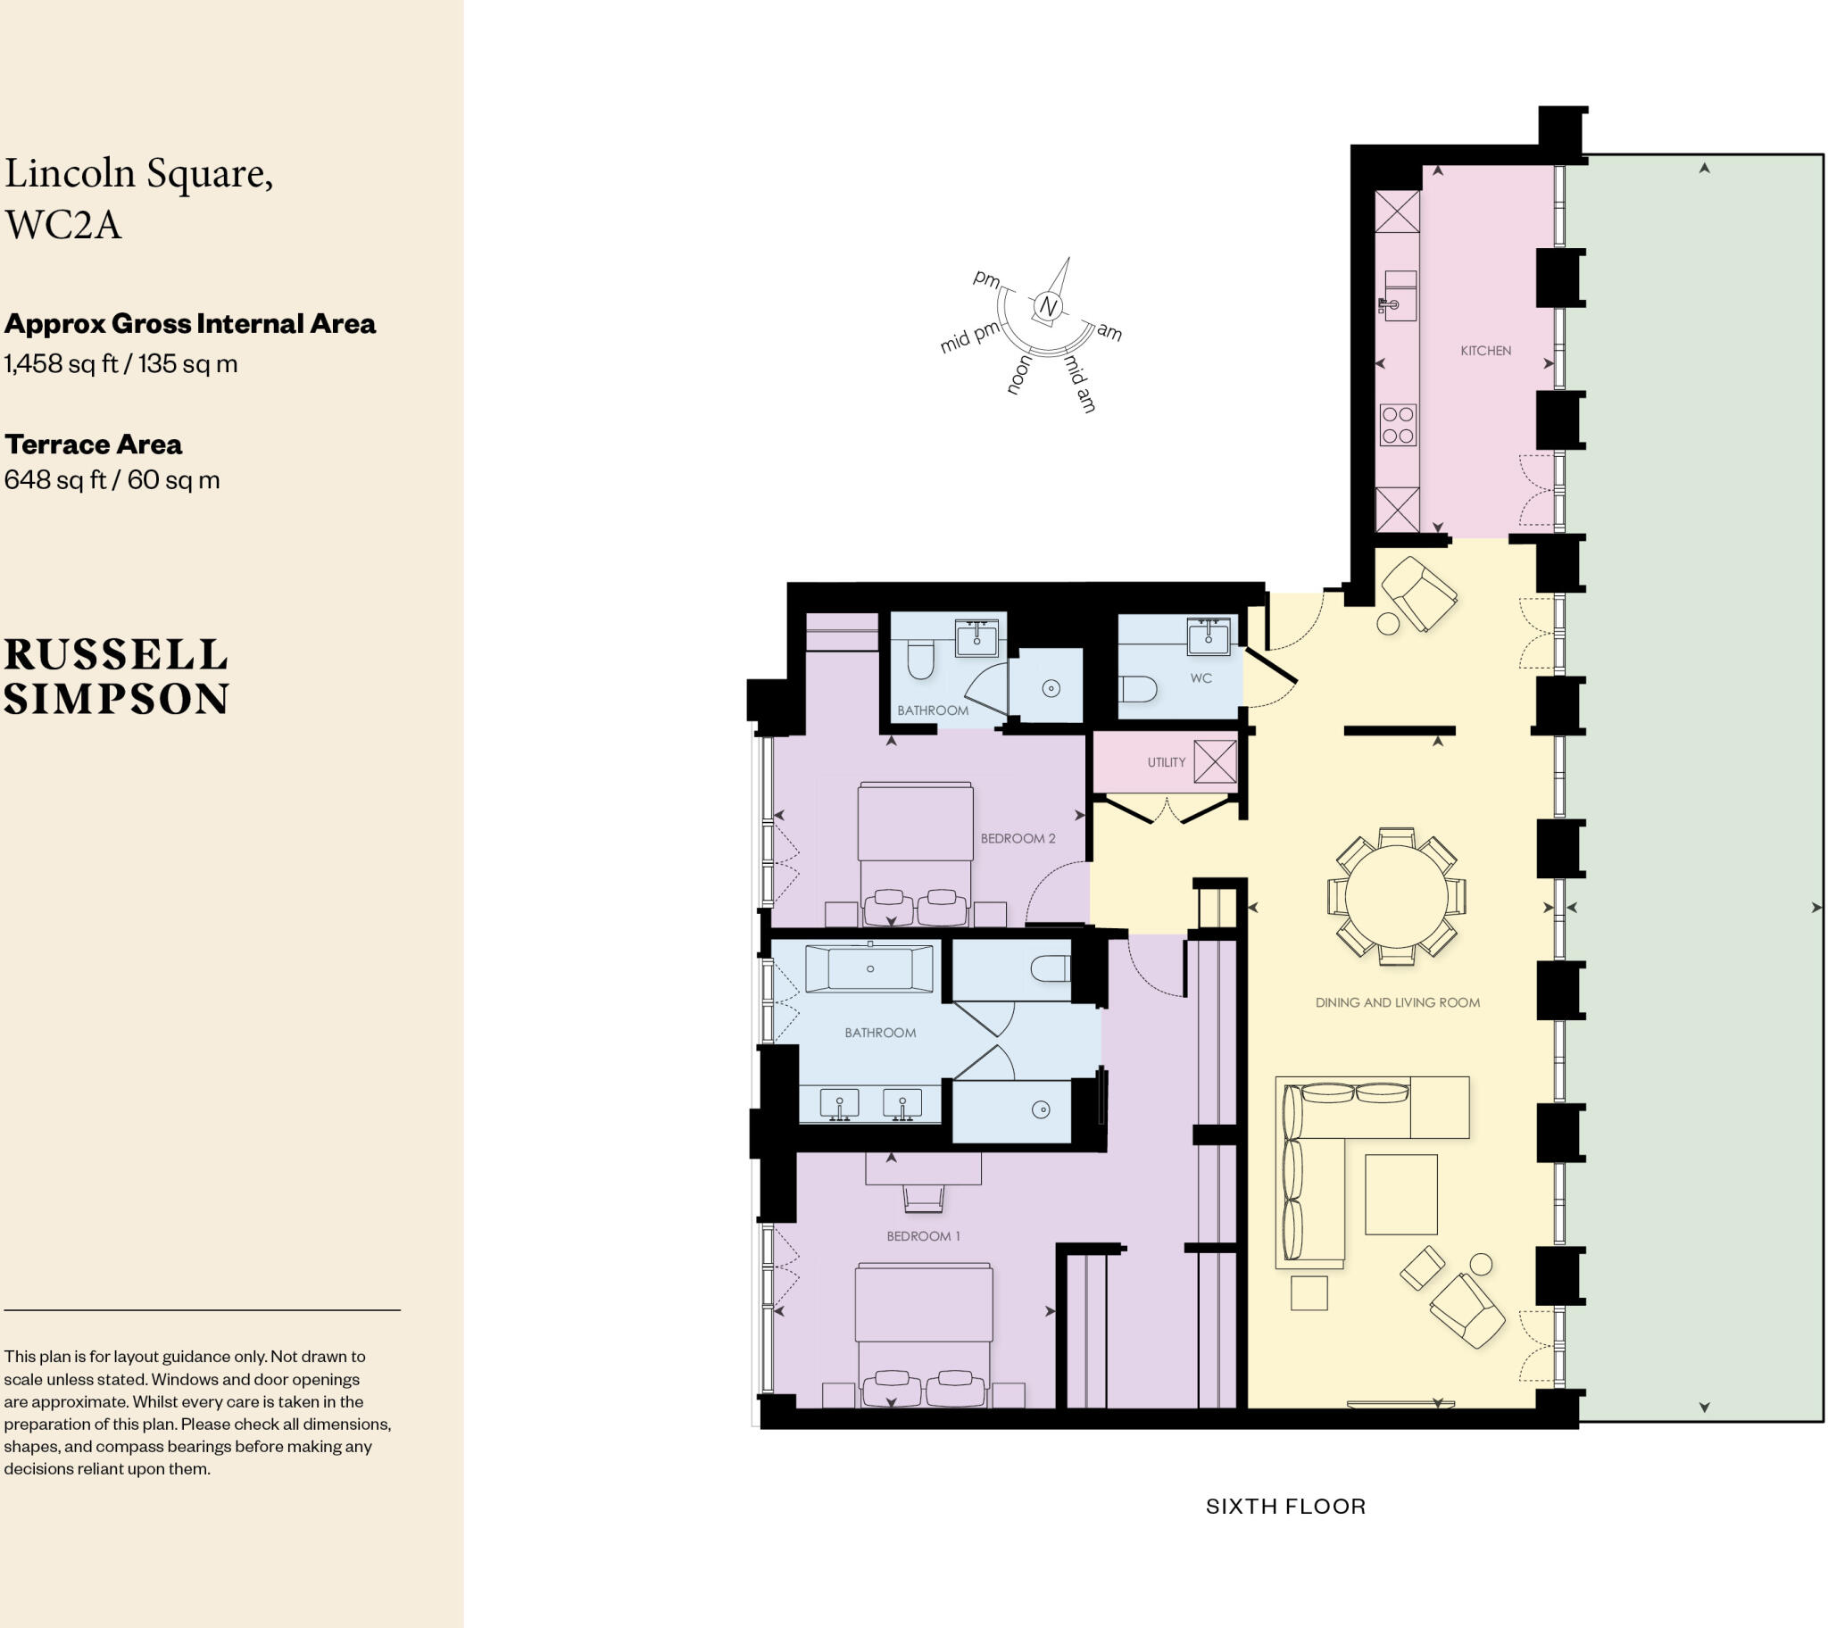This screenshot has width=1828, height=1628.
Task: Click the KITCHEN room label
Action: (x=1485, y=351)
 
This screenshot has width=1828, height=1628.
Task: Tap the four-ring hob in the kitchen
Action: (x=1397, y=425)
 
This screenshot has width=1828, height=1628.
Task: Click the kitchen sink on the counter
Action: (x=1400, y=296)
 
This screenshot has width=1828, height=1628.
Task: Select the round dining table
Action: (x=1396, y=896)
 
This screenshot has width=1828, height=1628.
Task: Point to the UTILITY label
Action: (x=1167, y=762)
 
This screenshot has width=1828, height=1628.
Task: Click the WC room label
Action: (x=1201, y=678)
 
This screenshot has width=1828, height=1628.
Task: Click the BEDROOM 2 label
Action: (x=1018, y=838)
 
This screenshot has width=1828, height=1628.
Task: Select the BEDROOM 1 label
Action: (x=923, y=1236)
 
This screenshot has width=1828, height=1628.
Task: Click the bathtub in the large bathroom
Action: (x=869, y=968)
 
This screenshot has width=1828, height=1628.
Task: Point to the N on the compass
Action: (x=1047, y=307)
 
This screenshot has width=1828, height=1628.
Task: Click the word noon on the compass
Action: (x=1018, y=374)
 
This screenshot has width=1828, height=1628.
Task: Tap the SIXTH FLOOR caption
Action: (x=1285, y=1506)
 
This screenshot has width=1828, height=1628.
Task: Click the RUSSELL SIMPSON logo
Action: (x=116, y=677)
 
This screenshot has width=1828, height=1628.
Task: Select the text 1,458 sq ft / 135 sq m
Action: (x=120, y=364)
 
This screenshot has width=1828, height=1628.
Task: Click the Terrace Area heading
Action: (x=93, y=444)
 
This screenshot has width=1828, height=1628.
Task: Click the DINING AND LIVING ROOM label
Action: (x=1397, y=1002)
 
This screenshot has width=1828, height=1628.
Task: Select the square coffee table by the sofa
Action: (x=1400, y=1194)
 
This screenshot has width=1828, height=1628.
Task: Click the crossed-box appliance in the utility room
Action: (x=1216, y=762)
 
